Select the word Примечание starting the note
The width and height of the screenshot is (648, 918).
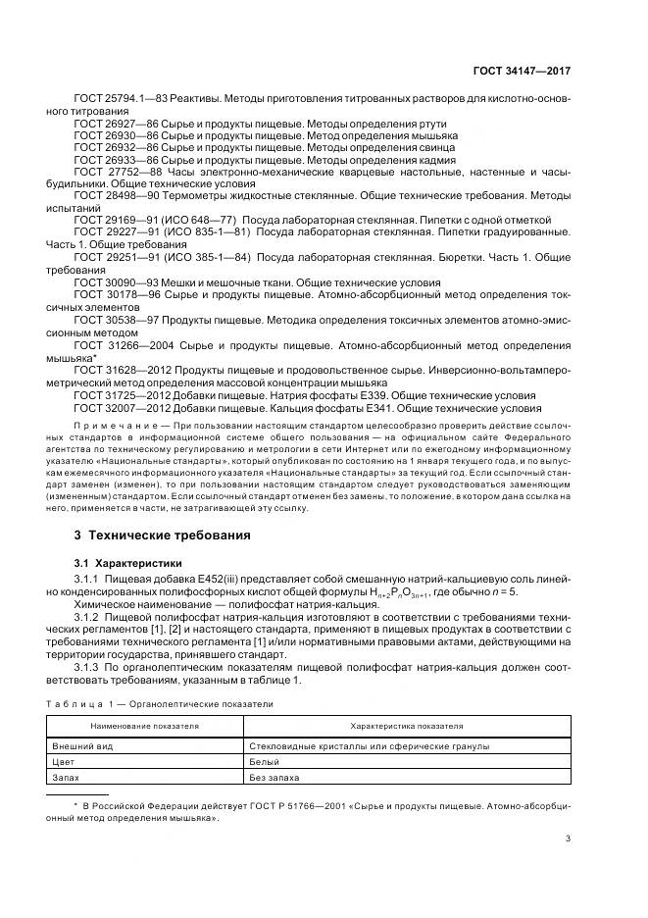pyautogui.click(x=102, y=427)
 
